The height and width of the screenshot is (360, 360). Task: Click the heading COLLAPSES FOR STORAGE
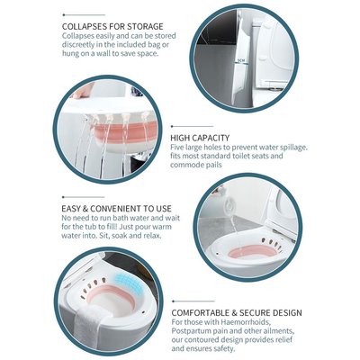[x=112, y=26]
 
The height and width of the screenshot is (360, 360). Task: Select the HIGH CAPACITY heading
[x=200, y=138]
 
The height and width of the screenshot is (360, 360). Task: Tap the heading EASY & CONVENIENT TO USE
[x=116, y=209]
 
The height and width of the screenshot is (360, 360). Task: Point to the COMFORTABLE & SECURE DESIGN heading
[x=237, y=313]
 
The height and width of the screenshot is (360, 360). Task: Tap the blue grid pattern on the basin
[x=129, y=283]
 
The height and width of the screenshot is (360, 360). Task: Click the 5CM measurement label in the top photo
[x=241, y=61]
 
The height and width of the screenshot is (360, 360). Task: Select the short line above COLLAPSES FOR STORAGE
[x=84, y=14]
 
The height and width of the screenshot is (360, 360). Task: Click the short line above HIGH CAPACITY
[x=192, y=127]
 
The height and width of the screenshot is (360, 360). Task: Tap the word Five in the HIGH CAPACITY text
[x=177, y=148]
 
